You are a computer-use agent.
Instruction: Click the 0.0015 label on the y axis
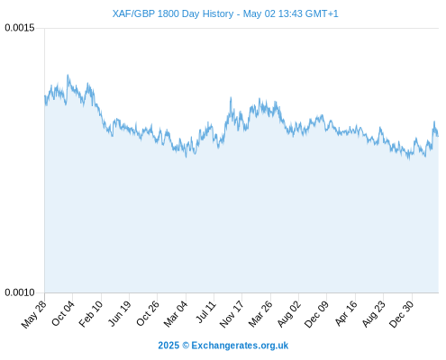point(20,28)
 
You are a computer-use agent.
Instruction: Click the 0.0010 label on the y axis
point(20,292)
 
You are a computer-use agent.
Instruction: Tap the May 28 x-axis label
point(34,314)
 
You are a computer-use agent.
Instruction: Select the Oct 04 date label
point(63,313)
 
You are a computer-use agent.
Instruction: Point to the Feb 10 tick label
point(91,314)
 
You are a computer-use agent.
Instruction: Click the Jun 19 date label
point(119,313)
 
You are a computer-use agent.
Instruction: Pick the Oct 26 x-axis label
point(148,313)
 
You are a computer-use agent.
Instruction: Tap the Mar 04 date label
point(176,314)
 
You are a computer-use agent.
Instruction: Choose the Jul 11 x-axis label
point(206,312)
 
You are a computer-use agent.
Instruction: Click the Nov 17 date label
point(232,314)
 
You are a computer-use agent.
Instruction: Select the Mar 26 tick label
point(260,314)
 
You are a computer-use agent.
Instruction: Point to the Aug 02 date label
point(288,314)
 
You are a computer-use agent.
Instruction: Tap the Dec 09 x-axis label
point(316,314)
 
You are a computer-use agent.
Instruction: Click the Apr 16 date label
point(346,313)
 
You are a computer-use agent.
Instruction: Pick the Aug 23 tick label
point(373,314)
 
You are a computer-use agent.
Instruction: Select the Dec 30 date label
point(402,314)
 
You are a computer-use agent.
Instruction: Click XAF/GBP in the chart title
point(133,14)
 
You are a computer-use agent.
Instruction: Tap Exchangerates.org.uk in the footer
point(240,346)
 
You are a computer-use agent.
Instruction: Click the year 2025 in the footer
point(168,346)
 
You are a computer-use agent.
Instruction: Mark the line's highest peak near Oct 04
point(68,75)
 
